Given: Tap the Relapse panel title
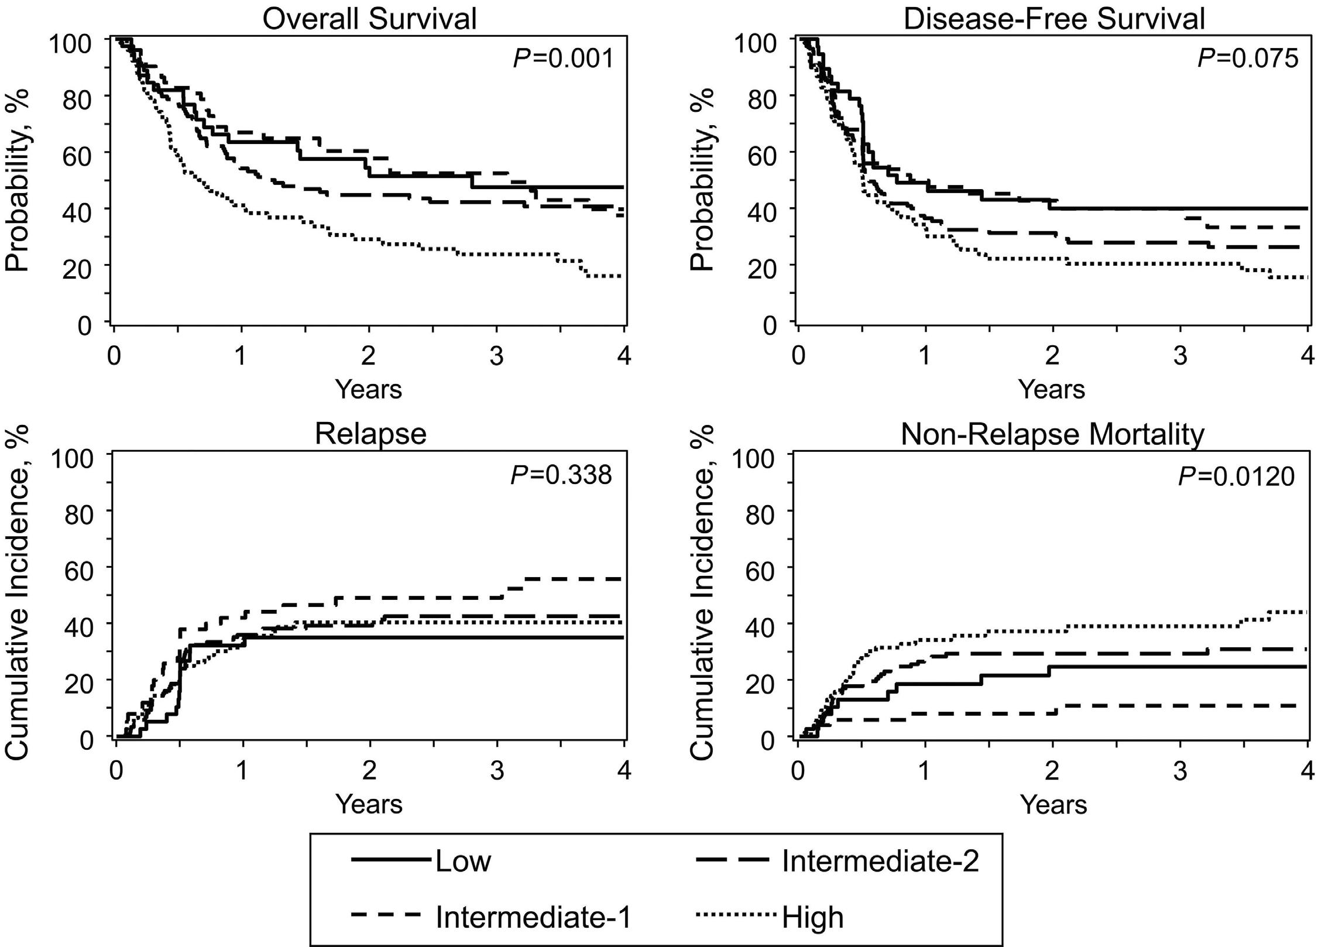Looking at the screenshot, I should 370,434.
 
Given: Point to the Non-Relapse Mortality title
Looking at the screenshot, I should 1052,434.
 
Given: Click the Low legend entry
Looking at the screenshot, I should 462,860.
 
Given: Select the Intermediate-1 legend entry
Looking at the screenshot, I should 533,917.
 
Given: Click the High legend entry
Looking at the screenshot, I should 813,917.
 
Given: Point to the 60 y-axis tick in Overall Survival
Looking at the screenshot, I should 77,152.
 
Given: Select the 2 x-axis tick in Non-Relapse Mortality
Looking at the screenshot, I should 1052,771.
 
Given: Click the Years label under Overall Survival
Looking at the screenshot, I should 369,389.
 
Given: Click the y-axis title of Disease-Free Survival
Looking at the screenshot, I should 702,179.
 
